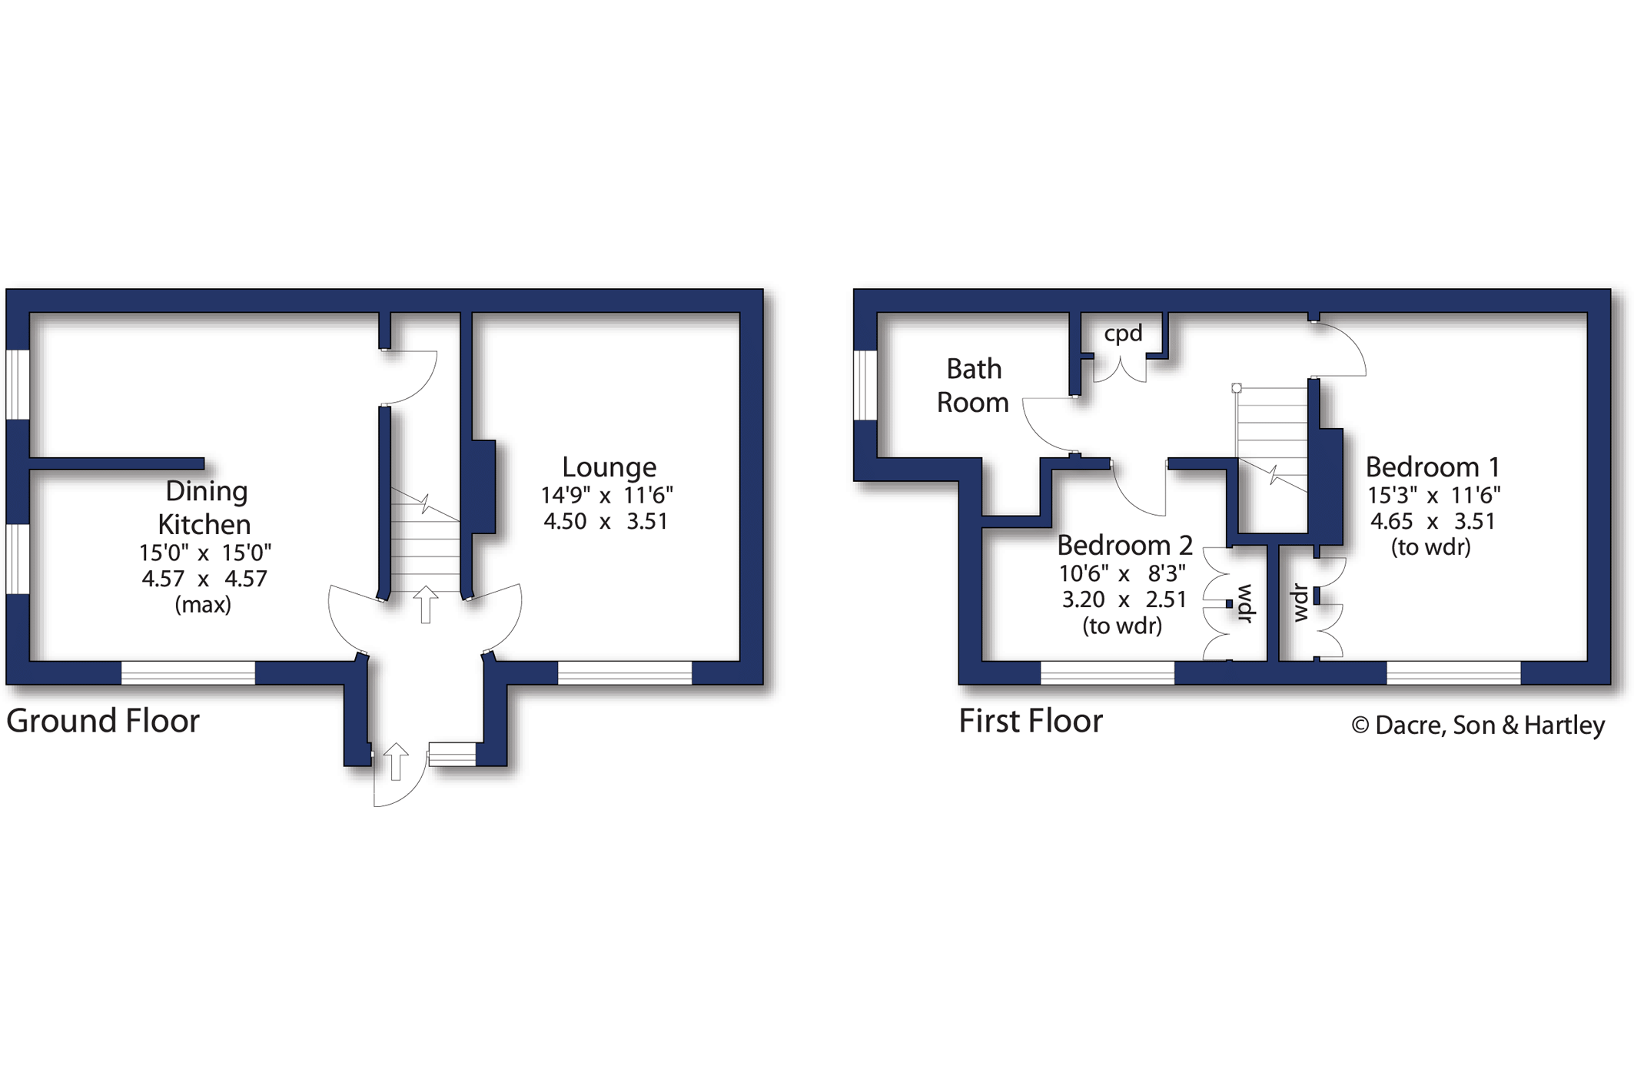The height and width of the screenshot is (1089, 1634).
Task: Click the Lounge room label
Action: [x=609, y=467]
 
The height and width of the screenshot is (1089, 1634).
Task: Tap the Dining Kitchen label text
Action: [x=205, y=507]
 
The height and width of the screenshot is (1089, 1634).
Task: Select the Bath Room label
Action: [x=973, y=386]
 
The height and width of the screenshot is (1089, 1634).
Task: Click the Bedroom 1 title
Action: [x=1433, y=467]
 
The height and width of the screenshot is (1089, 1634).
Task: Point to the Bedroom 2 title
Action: [x=1124, y=546]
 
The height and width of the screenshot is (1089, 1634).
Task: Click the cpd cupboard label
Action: [x=1123, y=334]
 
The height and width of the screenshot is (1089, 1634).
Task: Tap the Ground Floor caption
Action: [x=103, y=721]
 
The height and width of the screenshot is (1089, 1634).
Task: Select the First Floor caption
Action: [x=1031, y=721]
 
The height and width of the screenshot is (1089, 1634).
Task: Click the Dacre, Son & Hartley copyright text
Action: [x=1478, y=725]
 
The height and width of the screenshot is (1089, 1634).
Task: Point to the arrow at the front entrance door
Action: [x=396, y=762]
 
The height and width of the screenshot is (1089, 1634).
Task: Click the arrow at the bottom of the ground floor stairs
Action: [x=426, y=604]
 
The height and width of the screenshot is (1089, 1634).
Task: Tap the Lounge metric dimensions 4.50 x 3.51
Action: [x=606, y=522]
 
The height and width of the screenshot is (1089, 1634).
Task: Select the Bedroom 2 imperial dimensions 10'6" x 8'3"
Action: [x=1122, y=574]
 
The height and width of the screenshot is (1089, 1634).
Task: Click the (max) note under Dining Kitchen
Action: [x=203, y=606]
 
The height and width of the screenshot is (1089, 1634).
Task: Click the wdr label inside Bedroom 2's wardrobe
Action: [x=1245, y=603]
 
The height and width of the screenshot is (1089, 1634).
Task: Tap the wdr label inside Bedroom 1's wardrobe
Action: [x=1300, y=603]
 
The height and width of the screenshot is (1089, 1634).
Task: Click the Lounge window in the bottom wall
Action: [x=625, y=673]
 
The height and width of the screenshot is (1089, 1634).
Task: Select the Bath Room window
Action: [x=865, y=386]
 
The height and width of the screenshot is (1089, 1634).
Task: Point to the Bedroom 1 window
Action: [x=1453, y=673]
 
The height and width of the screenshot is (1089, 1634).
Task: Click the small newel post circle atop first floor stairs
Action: [x=1237, y=388]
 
